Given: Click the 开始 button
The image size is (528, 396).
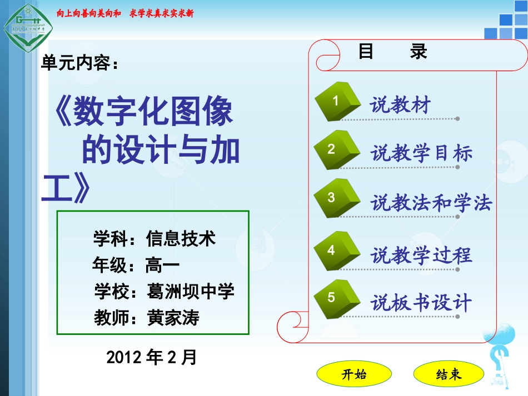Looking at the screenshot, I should (354, 374).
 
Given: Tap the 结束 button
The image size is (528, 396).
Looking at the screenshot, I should (449, 374).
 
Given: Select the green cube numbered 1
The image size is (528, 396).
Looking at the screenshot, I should (337, 101).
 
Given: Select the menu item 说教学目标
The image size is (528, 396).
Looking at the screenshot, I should (422, 153).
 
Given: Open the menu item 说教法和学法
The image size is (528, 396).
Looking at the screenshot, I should (431, 203).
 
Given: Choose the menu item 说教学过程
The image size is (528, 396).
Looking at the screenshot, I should (422, 255).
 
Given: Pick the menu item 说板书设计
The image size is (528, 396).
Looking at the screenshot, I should (422, 303).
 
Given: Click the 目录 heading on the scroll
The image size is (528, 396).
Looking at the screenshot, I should (392, 52).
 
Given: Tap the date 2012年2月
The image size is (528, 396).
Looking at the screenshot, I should (151, 357).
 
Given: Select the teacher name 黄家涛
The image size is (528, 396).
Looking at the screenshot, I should (173, 318).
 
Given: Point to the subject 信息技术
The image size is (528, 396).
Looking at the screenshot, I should (181, 239).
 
